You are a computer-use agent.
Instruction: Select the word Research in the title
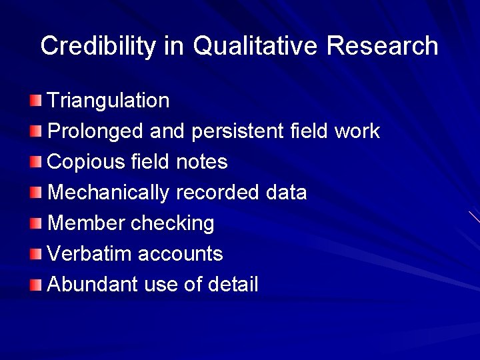383,46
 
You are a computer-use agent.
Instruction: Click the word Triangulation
109,101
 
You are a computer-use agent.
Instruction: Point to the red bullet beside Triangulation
35,101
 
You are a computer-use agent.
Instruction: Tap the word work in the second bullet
357,131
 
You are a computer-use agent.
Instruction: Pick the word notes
202,162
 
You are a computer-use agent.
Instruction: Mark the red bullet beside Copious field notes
35,162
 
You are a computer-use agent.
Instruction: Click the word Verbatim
90,254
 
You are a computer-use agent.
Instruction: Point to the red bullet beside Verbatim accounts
35,254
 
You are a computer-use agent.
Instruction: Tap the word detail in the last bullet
233,285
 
